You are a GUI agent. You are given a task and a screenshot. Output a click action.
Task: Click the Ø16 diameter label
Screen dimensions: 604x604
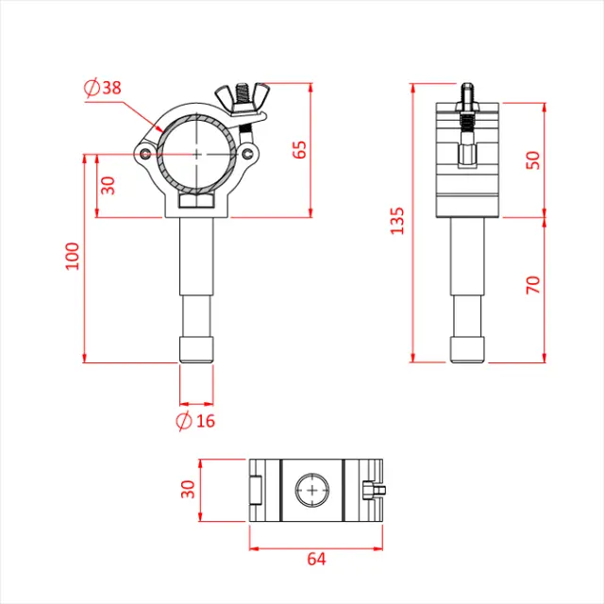(x=196, y=421)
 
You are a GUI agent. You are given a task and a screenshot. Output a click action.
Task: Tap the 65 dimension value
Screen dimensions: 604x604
(x=300, y=149)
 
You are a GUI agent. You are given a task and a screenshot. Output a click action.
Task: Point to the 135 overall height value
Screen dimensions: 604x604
(x=397, y=221)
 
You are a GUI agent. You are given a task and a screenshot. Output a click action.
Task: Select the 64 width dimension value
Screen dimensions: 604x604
(x=316, y=560)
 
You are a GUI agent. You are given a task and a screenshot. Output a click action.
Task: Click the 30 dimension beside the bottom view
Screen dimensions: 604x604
(x=188, y=490)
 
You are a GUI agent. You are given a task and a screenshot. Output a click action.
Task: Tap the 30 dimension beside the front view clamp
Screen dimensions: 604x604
(x=109, y=185)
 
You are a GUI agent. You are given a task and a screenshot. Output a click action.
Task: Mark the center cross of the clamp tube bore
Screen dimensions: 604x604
(x=195, y=153)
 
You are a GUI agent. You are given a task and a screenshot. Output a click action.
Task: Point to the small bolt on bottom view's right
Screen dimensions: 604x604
(x=374, y=489)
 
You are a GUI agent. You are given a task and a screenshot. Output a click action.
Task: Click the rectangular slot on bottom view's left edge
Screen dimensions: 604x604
(x=256, y=490)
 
